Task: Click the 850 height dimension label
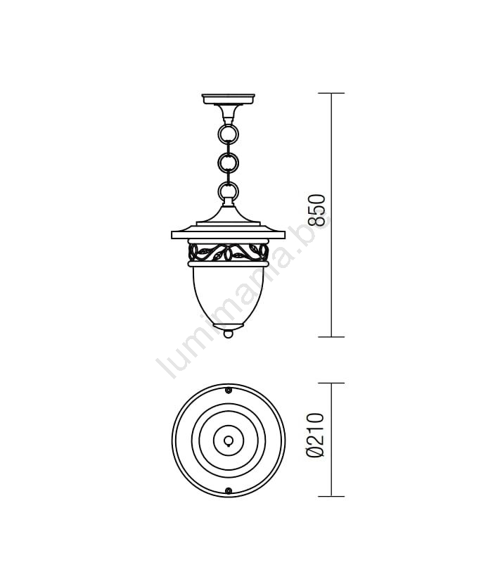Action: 317,210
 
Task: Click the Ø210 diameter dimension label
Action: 315,435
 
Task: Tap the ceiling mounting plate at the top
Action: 229,99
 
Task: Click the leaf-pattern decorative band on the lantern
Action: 229,253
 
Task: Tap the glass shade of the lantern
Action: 229,294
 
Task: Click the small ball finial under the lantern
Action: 229,334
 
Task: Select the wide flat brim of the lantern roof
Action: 229,234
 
